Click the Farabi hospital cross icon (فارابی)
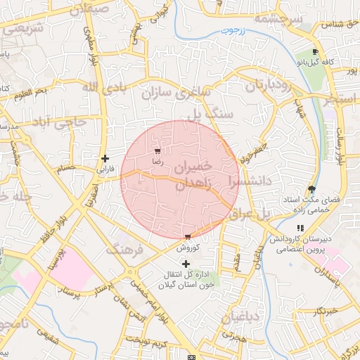click(105, 158)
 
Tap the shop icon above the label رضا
click(157, 151)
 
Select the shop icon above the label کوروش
click(187, 238)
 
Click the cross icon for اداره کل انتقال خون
click(186, 263)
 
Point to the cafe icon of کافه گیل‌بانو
click(315, 52)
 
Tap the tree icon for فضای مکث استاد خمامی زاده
click(311, 189)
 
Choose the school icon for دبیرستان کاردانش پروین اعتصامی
click(300, 228)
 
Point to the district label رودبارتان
click(265, 86)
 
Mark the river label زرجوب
click(226, 31)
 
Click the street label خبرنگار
click(326, 310)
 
